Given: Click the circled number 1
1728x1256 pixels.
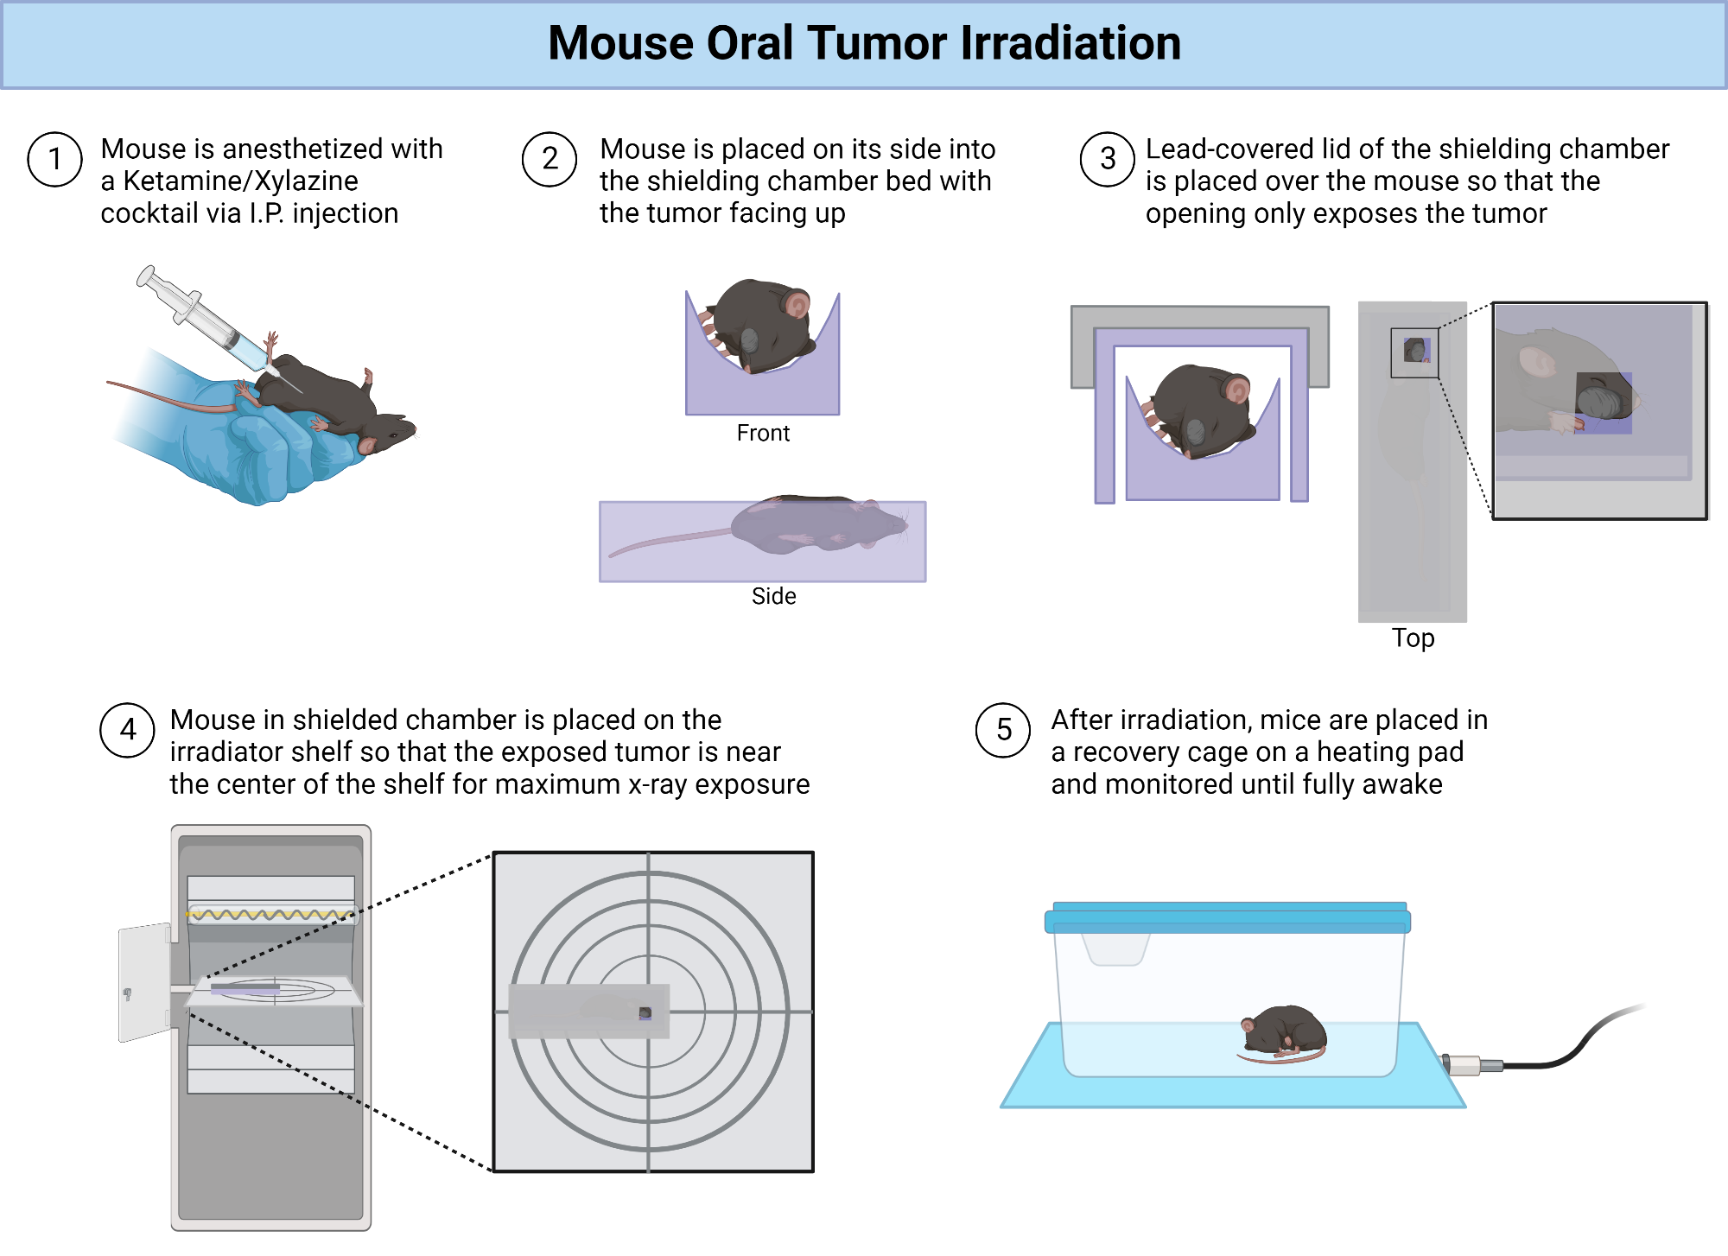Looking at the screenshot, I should pyautogui.click(x=55, y=160).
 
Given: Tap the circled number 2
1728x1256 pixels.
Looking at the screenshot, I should pyautogui.click(x=550, y=160).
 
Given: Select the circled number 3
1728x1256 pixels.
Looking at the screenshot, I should pyautogui.click(x=1108, y=160).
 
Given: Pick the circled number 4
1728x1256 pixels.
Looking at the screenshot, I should pyautogui.click(x=128, y=730).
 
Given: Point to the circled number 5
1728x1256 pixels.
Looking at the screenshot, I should pyautogui.click(x=1003, y=730).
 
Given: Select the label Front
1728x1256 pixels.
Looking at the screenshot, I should pyautogui.click(x=763, y=433).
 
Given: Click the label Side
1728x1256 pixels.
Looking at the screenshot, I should pyautogui.click(x=773, y=596).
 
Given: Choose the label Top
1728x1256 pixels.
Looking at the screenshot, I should pyautogui.click(x=1413, y=638).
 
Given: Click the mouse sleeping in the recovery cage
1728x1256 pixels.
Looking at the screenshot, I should pyautogui.click(x=1285, y=1032).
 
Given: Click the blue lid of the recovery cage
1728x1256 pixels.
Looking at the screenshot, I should pyautogui.click(x=1227, y=918).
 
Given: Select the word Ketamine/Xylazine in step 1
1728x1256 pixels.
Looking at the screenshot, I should pyautogui.click(x=240, y=181).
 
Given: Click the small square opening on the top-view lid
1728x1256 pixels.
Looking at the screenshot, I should pyautogui.click(x=1415, y=352).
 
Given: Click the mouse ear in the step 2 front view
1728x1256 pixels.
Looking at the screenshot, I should pyautogui.click(x=797, y=304).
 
